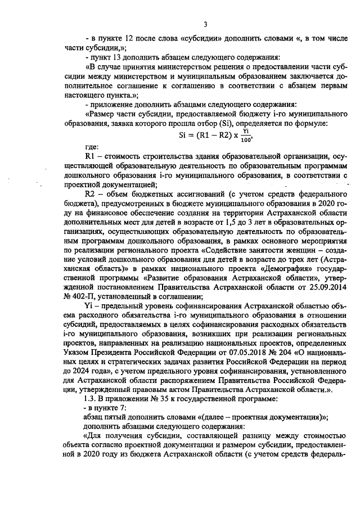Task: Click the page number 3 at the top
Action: (205, 24)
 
